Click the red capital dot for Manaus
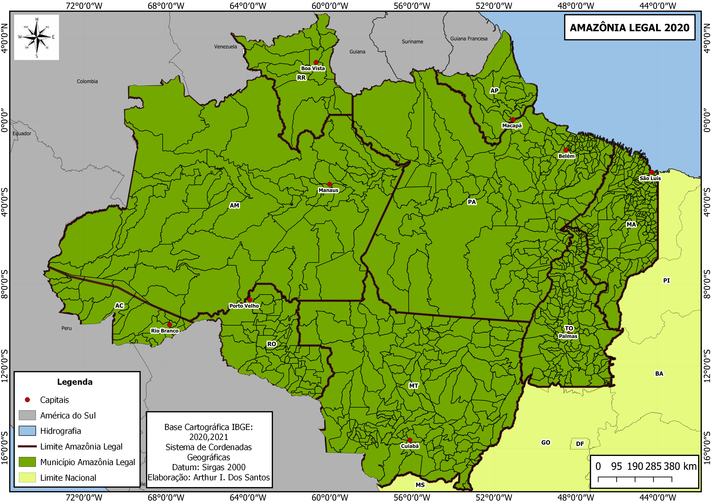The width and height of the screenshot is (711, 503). pyautogui.click(x=329, y=184)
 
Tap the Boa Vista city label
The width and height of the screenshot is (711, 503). pyautogui.click(x=313, y=68)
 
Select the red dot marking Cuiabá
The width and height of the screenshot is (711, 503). pyautogui.click(x=410, y=440)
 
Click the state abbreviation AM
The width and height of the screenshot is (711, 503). pyautogui.click(x=234, y=205)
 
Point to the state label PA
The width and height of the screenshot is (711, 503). pyautogui.click(x=472, y=202)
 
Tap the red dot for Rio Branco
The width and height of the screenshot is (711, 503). pyautogui.click(x=169, y=325)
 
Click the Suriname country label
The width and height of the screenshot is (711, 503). pyautogui.click(x=412, y=42)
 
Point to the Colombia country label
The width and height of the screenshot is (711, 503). pyautogui.click(x=87, y=82)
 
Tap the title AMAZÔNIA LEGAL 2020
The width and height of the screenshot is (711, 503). pyautogui.click(x=629, y=28)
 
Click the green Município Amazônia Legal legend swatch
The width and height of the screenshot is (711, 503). pyautogui.click(x=27, y=462)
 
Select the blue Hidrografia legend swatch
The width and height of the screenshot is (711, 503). pyautogui.click(x=27, y=431)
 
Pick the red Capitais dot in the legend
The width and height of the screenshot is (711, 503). pyautogui.click(x=27, y=400)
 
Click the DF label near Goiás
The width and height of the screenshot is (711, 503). pyautogui.click(x=580, y=444)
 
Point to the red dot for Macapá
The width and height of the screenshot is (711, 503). pyautogui.click(x=513, y=119)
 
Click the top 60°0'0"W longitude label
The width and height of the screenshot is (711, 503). pyautogui.click(x=330, y=5)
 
